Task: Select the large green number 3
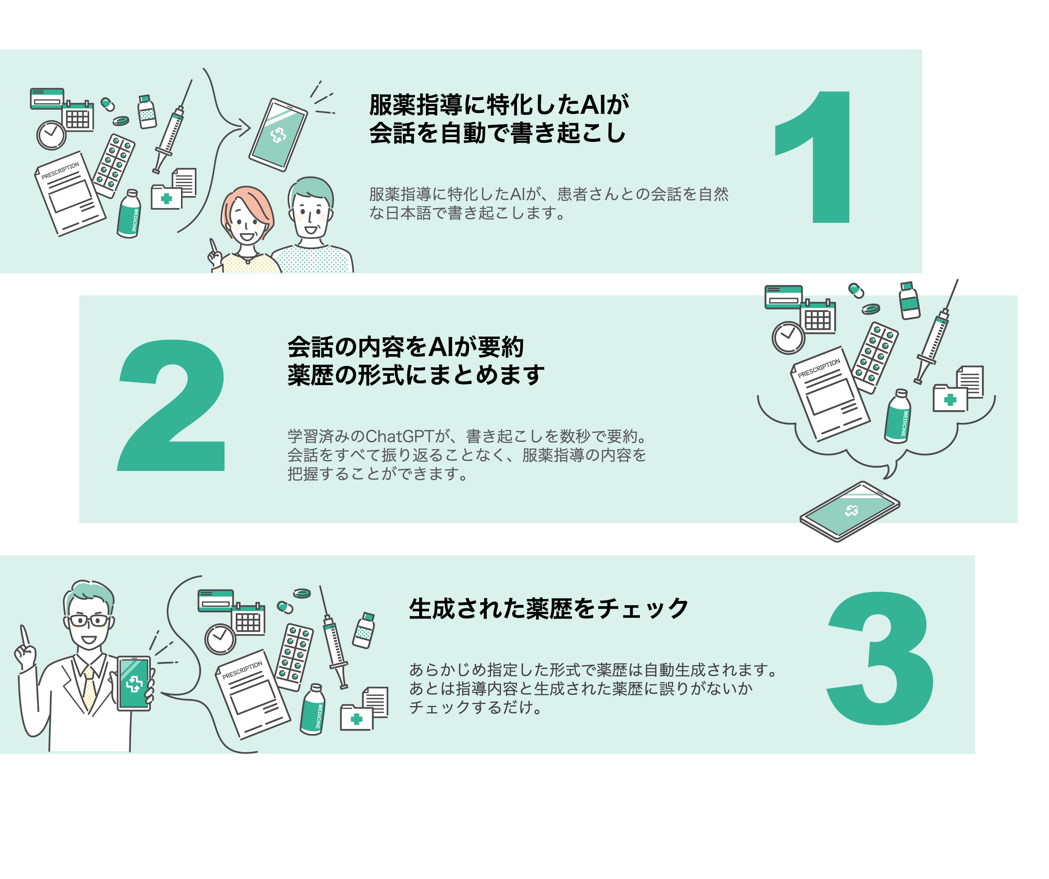point(880,658)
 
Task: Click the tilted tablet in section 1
point(278,135)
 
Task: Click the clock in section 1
point(51,135)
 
